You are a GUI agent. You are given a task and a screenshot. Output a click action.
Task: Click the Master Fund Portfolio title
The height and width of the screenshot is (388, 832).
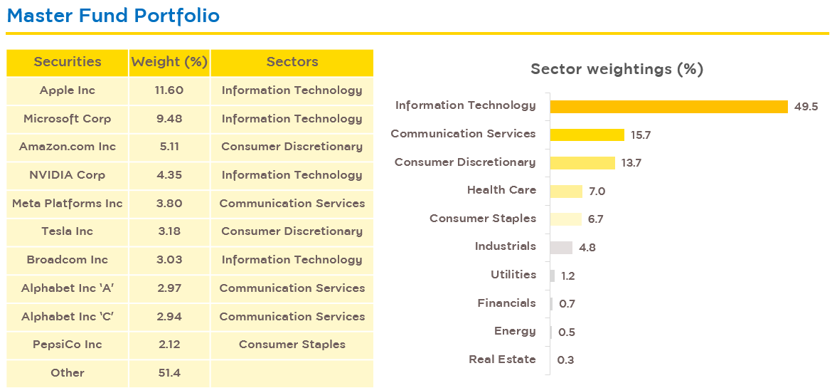tap(113, 16)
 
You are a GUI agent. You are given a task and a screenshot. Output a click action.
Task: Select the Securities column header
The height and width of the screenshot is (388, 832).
tap(68, 62)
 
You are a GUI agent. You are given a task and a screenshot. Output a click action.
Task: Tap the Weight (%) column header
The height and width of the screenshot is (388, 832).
tap(169, 62)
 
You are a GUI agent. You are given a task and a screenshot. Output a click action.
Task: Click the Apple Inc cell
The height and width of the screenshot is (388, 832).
tap(68, 90)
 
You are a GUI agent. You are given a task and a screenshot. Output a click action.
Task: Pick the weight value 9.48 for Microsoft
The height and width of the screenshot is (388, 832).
tap(169, 118)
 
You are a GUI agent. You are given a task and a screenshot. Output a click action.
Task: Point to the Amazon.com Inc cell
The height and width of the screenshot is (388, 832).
tap(68, 147)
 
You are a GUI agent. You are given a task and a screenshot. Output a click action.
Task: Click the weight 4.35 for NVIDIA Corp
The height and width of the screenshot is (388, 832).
tap(169, 175)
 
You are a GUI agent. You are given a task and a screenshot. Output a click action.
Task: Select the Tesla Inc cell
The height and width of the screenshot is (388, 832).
tap(68, 231)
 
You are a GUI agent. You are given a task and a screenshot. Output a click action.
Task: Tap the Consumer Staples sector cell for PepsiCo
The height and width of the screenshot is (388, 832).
tap(292, 345)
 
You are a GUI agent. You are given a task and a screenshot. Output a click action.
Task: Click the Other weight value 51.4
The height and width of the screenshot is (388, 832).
tap(169, 372)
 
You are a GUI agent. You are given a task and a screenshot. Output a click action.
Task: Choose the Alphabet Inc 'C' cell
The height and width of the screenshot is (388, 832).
tap(68, 316)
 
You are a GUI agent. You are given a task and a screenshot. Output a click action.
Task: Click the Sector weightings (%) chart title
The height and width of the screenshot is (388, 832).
tap(617, 69)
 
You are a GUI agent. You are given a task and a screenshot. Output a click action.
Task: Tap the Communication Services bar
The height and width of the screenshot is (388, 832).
tap(587, 135)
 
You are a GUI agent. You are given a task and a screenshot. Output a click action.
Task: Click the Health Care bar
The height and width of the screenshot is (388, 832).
tap(566, 191)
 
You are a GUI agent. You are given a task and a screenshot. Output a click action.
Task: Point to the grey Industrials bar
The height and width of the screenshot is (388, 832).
tap(561, 248)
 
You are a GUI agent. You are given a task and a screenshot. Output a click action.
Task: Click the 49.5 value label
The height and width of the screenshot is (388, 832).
tap(806, 106)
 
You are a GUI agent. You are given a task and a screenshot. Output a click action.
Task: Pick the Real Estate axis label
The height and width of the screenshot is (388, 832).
tap(502, 360)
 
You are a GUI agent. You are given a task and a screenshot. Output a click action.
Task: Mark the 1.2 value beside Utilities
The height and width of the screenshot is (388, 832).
tap(567, 276)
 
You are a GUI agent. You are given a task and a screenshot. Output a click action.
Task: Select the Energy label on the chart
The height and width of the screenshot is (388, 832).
tap(515, 331)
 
